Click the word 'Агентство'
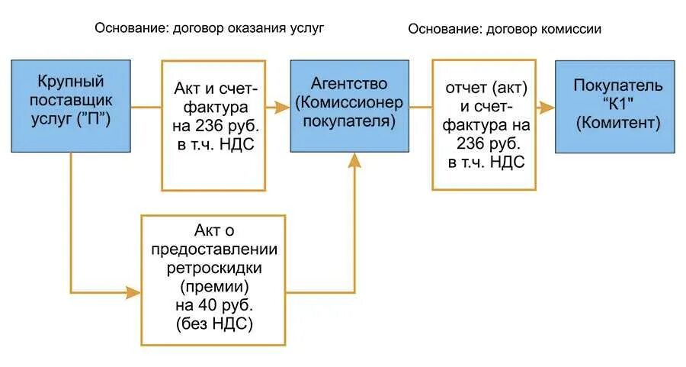click(349, 83)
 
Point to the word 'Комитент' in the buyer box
click(617, 122)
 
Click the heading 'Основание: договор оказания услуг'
click(210, 28)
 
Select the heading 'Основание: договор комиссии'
click(505, 29)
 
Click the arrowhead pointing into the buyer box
click(547, 108)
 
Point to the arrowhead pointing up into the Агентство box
click(354, 159)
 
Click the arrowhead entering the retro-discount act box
click(134, 292)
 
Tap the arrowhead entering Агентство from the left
click(283, 108)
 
